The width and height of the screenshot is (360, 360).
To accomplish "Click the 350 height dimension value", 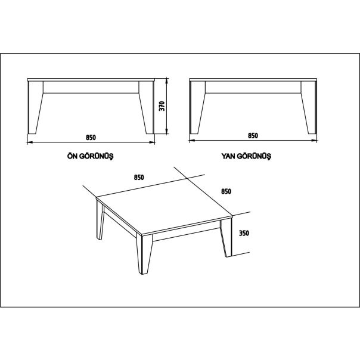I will click(243, 234).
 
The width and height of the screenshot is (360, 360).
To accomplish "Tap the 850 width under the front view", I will click(91, 137).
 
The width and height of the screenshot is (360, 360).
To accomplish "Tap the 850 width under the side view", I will click(253, 136).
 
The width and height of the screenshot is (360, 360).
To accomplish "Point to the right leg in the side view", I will click(308, 107).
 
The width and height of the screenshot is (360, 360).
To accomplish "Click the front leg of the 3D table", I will click(143, 253).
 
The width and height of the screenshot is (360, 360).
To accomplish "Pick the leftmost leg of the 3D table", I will click(99, 221).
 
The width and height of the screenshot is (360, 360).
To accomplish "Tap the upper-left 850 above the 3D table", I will click(138, 177).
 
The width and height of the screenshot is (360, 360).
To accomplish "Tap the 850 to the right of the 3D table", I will click(226, 191).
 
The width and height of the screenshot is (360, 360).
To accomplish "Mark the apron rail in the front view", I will click(91, 88).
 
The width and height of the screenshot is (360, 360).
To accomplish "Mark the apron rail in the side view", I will click(253, 88).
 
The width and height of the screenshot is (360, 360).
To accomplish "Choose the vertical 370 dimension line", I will click(167, 107).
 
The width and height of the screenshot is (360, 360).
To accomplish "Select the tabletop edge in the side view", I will click(253, 80).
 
